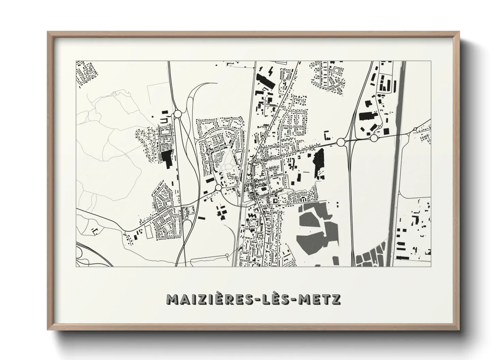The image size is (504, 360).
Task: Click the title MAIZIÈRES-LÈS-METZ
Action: click(253, 299)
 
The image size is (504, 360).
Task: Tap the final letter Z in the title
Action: click(335, 299)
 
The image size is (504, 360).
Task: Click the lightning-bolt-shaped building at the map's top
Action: click(271, 72)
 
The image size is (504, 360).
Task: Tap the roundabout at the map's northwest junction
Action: click(178, 114)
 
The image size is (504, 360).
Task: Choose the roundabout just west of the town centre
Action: click(218, 187)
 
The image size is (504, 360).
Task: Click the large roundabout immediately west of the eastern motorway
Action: click(341, 142)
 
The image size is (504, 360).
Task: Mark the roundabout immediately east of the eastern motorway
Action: click(374, 138)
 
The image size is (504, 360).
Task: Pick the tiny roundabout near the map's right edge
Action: click(415, 129)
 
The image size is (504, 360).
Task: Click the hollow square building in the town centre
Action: click(275, 201)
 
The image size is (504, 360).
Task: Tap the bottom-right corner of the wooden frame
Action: click(459, 330)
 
